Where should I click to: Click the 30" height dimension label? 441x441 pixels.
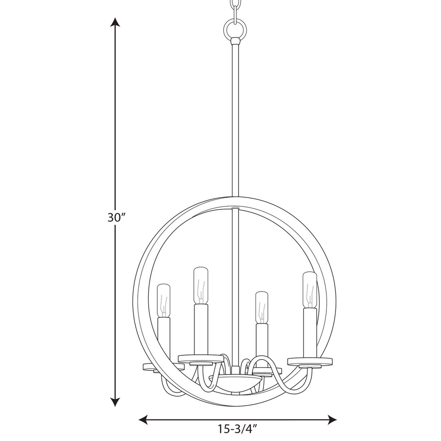pyautogui.click(x=115, y=217)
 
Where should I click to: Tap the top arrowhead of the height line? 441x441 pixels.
pyautogui.click(x=115, y=23)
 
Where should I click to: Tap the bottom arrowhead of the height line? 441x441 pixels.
pyautogui.click(x=115, y=402)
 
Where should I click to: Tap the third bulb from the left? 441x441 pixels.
pyautogui.click(x=261, y=307)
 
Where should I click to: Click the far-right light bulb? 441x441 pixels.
pyautogui.click(x=309, y=289)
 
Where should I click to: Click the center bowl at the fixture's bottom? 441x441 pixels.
pyautogui.click(x=235, y=381)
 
